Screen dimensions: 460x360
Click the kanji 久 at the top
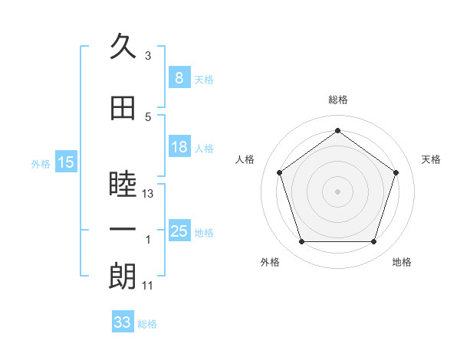123,46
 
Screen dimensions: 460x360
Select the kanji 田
123,108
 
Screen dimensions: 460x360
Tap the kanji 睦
123,184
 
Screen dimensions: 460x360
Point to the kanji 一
123,229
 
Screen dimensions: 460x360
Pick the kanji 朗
123,277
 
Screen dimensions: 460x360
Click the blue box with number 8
179,77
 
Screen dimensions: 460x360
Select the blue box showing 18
179,146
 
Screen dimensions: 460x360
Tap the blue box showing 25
179,230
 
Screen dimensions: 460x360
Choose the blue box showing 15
66,162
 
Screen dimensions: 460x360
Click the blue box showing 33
123,321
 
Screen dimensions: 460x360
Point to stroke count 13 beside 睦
147,194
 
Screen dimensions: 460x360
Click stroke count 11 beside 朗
147,286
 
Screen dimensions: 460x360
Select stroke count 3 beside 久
148,55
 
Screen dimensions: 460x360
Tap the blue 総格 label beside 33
147,324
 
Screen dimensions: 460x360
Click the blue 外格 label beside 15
41,164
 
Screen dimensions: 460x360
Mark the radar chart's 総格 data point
337,130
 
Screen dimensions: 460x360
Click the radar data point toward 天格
396,172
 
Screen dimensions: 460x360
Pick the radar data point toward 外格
301,241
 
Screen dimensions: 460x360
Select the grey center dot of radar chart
337,191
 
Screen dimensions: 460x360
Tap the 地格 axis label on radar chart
402,262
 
